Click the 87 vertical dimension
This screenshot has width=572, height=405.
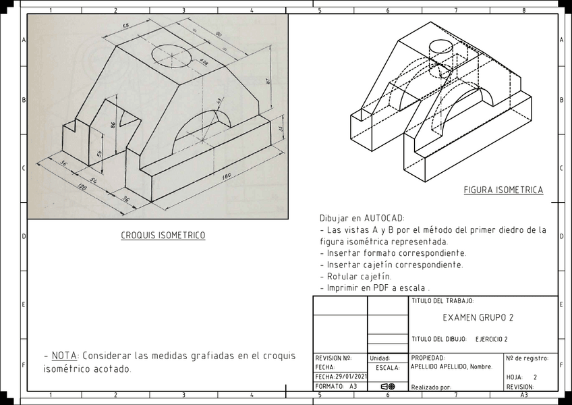click(x=268, y=82)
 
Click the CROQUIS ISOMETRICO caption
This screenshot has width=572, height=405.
click(x=163, y=236)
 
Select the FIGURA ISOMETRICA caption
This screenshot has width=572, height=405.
click(x=503, y=190)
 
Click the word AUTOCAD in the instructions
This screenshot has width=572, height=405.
click(x=384, y=219)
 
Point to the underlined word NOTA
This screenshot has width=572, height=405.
click(x=64, y=356)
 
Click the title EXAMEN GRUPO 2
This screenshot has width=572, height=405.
click(x=478, y=317)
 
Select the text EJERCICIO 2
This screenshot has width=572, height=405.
click(x=492, y=339)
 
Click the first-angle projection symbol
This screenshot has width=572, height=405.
click(x=388, y=387)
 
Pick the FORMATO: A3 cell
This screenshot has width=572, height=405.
click(x=336, y=387)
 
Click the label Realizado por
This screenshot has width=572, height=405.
click(x=431, y=387)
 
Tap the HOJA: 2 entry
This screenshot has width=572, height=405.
click(x=522, y=377)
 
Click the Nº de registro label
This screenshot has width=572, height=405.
click(x=527, y=358)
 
